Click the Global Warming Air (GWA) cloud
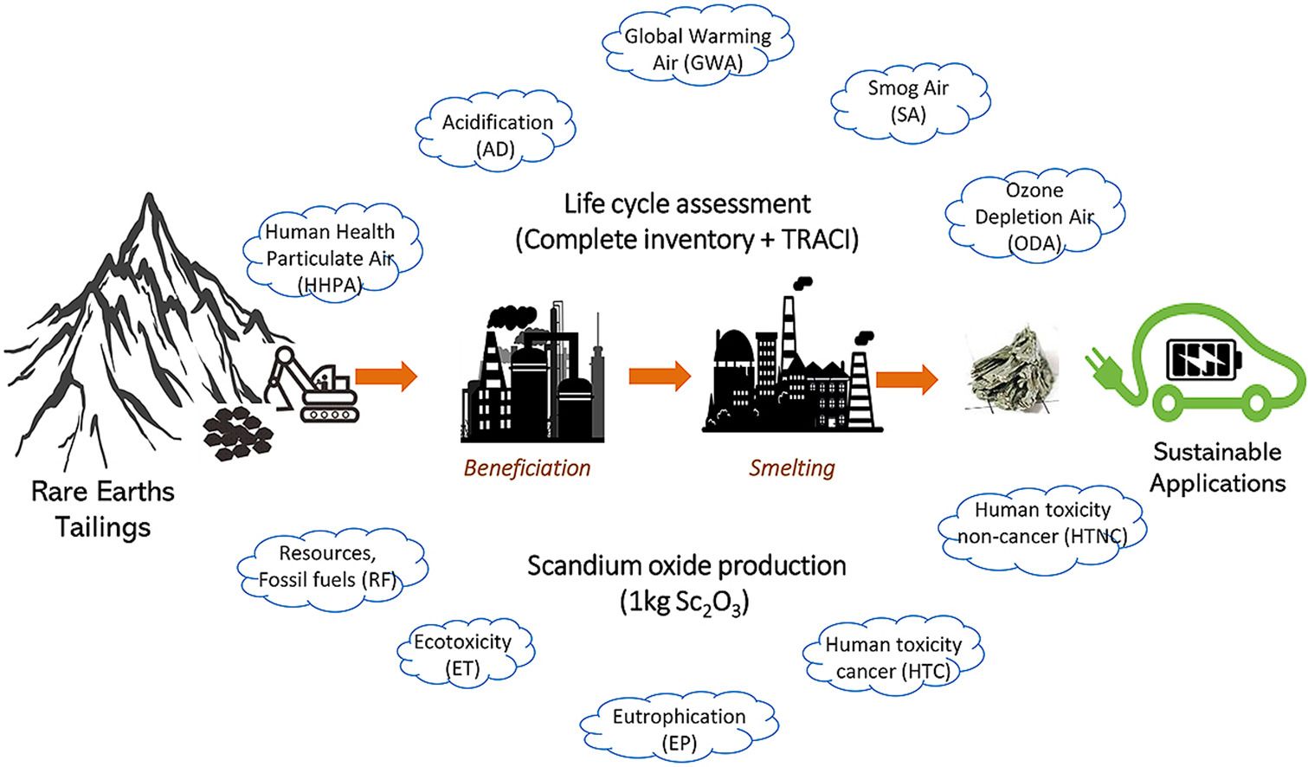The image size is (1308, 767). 697,48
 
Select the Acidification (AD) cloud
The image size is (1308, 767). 497,135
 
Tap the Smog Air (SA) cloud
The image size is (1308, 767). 908,100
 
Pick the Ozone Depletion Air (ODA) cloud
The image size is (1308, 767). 1034,216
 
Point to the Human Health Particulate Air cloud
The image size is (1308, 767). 330,257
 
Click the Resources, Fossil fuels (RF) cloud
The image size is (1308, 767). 328,566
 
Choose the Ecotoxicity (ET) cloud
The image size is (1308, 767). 462,654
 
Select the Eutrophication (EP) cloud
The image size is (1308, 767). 679,729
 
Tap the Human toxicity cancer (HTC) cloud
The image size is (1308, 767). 892,658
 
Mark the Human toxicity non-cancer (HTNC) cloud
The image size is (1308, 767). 1042,523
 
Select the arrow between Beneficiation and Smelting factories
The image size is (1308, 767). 660,377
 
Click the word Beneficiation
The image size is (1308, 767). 527,468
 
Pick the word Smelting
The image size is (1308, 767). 792,468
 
